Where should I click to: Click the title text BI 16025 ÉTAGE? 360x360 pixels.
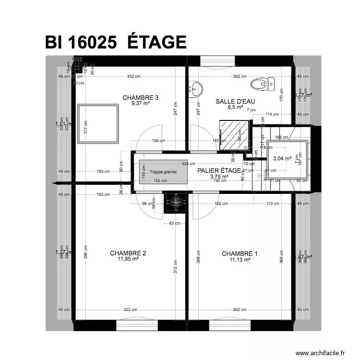tap(116, 42)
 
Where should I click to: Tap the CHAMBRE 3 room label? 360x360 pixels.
tap(141, 97)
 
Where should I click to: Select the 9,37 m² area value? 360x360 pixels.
tap(141, 103)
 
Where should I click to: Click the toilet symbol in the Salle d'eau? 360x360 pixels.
tap(262, 84)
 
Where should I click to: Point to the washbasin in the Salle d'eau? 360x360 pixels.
tap(195, 88)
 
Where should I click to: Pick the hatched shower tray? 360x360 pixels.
tap(234, 135)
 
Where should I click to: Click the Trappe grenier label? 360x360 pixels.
tap(163, 171)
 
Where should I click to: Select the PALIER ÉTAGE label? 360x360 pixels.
tap(219, 170)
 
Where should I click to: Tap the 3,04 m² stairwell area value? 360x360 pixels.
tap(282, 158)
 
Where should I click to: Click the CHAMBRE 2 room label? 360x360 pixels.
tap(128, 253)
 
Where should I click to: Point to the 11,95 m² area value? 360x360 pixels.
tap(128, 260)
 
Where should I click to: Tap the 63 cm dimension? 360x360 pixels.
tap(175, 223)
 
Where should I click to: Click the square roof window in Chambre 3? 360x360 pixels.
tap(98, 124)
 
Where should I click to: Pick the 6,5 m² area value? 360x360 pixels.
tap(235, 108)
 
